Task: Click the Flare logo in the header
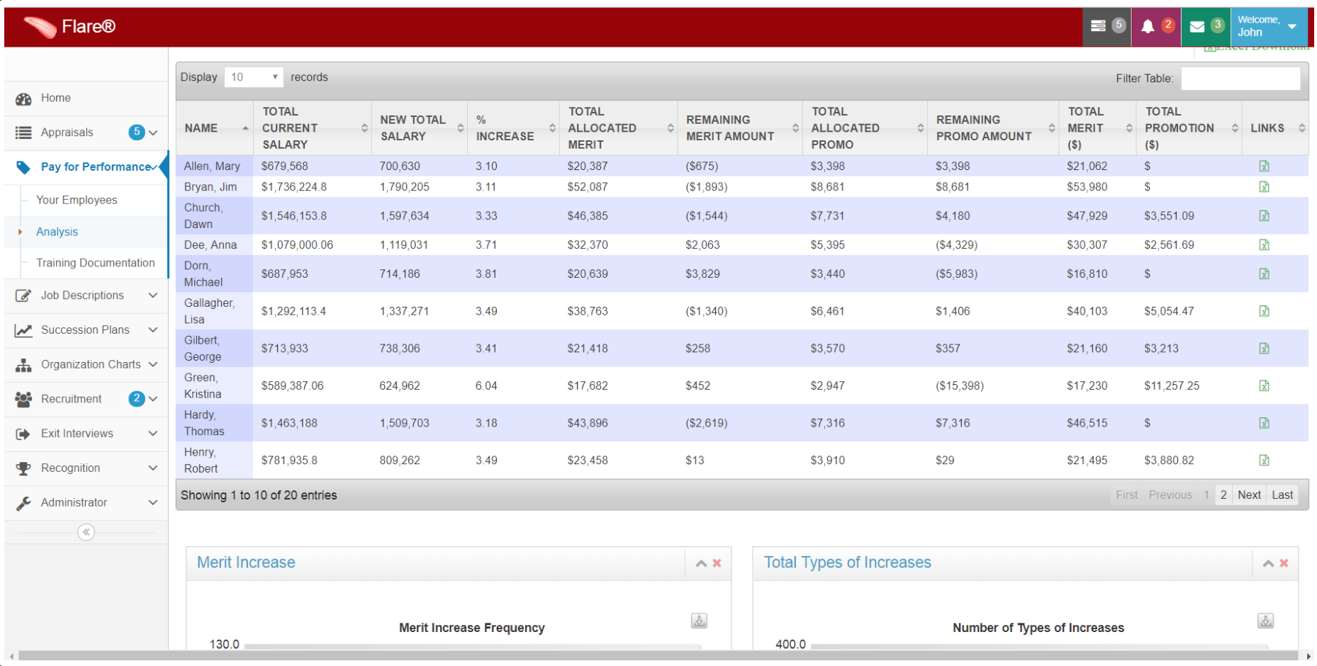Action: coord(69,27)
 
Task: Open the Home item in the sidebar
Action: coord(55,98)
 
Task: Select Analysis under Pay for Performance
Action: coord(57,232)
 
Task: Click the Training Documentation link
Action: coord(95,263)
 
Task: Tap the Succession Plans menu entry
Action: coord(85,330)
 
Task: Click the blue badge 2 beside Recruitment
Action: coord(137,398)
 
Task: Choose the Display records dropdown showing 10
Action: coord(253,77)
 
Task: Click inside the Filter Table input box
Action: coord(1240,79)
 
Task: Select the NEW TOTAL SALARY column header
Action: coord(413,128)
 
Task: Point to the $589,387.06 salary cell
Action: coord(292,386)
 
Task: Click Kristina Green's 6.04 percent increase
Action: coord(486,386)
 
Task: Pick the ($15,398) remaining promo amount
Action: coord(959,386)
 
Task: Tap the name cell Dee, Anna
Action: coord(211,245)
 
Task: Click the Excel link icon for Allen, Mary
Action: coord(1264,166)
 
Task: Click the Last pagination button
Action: coord(1282,495)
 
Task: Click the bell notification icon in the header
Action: coord(1148,27)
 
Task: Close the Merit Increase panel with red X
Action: coord(717,563)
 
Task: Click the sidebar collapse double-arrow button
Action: coord(86,532)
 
